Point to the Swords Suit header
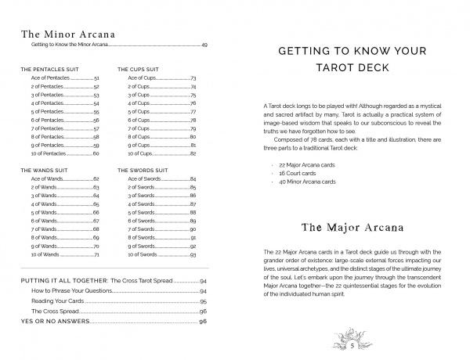tap(144, 169)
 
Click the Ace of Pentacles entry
tap(52, 79)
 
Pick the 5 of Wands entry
tap(44, 212)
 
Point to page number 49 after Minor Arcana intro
tap(204, 47)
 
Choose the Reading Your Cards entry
tap(61, 301)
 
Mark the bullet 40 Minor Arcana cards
tap(308, 182)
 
